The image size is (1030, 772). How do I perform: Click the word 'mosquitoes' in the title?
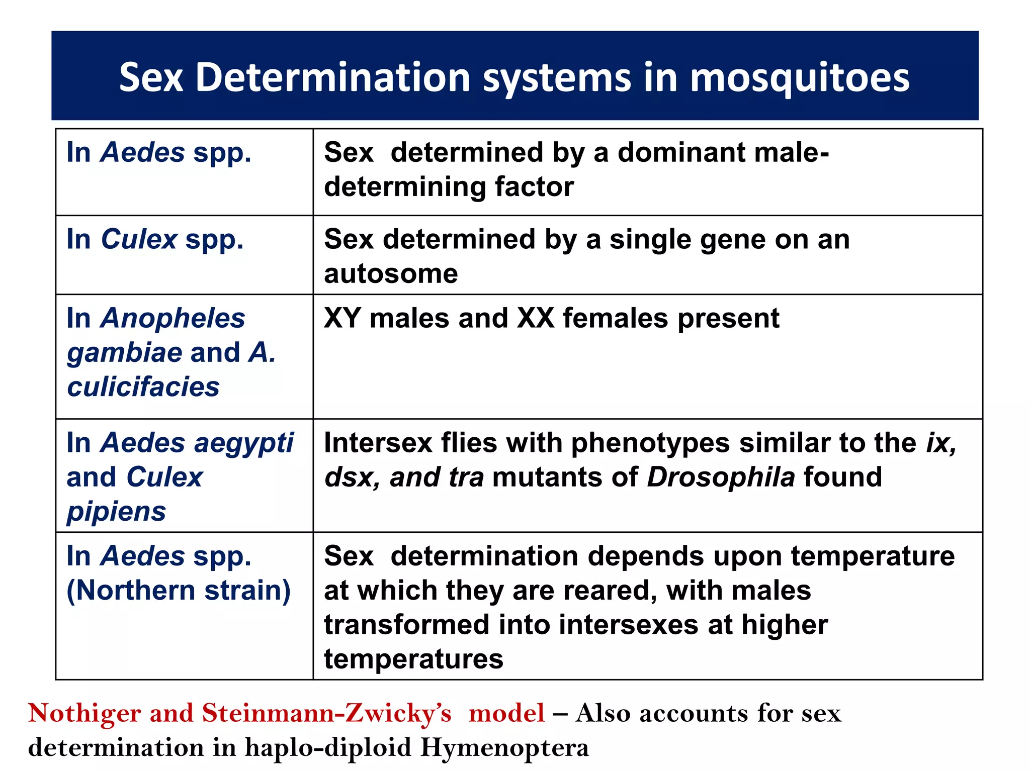(x=800, y=78)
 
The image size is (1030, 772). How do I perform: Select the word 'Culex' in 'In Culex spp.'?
(x=139, y=239)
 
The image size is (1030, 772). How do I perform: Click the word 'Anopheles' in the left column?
(x=173, y=318)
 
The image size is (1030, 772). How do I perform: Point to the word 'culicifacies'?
(x=143, y=387)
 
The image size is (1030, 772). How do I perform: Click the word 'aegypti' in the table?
(x=243, y=443)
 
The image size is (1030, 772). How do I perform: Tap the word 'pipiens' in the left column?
(x=116, y=512)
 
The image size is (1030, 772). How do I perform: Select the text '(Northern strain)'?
(x=179, y=590)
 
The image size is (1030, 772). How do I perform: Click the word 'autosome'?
(x=391, y=274)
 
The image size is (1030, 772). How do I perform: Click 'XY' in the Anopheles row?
(x=342, y=318)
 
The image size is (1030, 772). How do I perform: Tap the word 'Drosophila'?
(x=721, y=477)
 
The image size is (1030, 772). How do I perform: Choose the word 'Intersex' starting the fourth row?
(x=378, y=443)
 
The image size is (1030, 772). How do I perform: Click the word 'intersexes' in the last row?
(x=628, y=625)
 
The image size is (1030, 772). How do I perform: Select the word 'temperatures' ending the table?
(x=413, y=659)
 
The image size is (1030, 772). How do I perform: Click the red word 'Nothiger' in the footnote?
(x=84, y=713)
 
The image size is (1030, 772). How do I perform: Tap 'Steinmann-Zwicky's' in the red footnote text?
(x=326, y=713)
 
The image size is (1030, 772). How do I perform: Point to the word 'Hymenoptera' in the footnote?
(x=504, y=747)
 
